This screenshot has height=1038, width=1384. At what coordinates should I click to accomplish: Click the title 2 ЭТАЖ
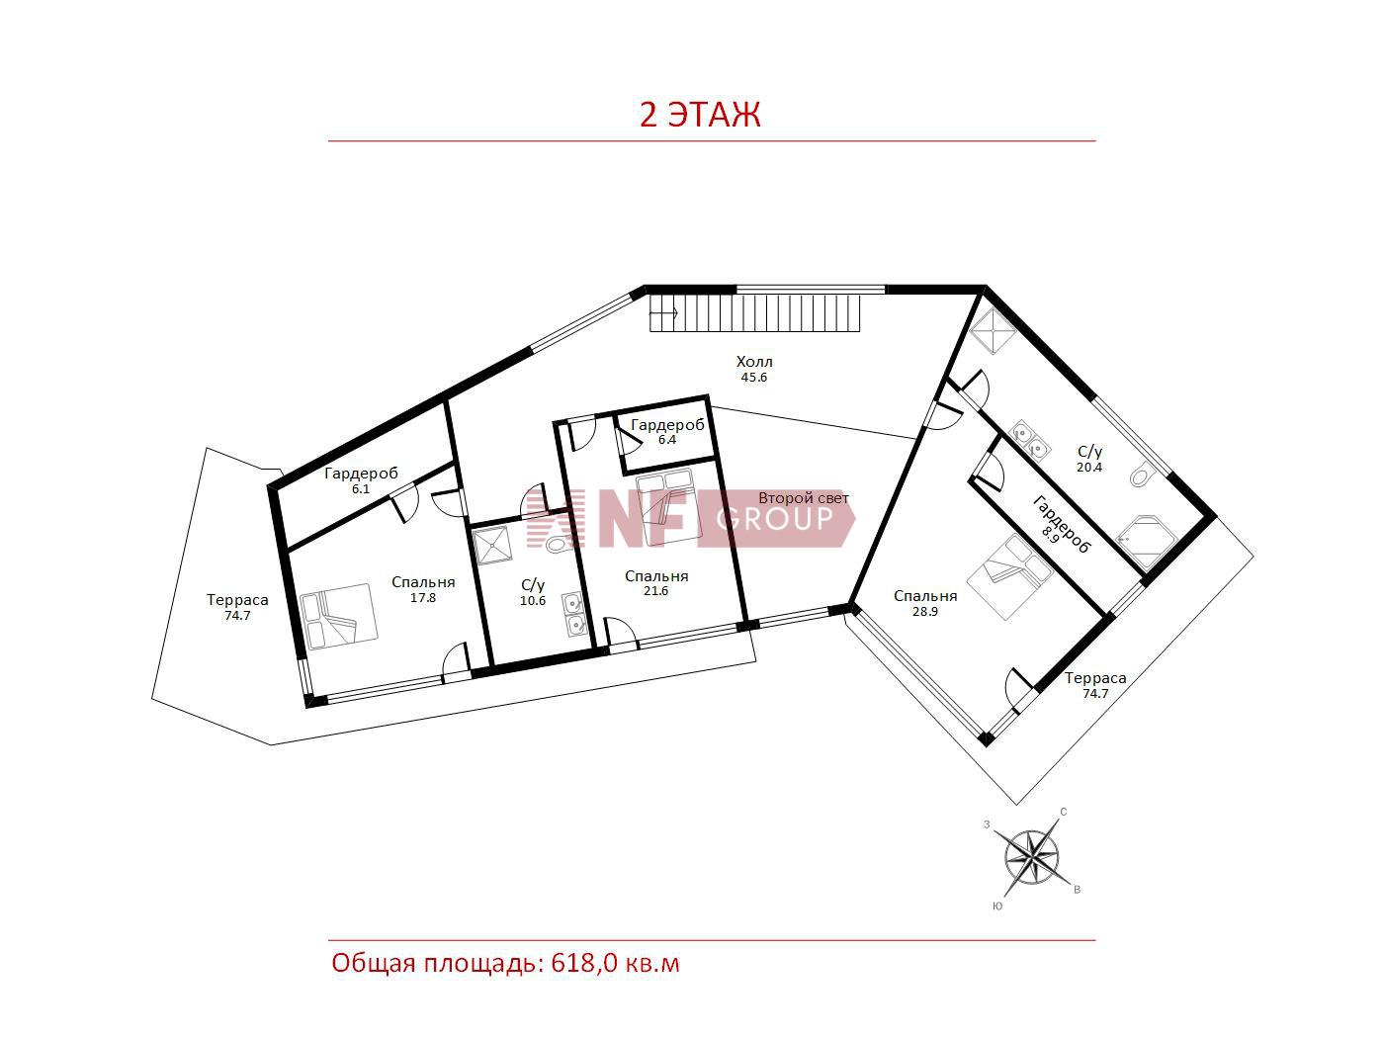pos(700,116)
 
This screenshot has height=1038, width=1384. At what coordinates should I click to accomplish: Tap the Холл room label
pos(754,362)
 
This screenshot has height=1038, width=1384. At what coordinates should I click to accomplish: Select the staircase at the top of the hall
pos(754,313)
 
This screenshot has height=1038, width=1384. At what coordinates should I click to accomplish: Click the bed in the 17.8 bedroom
pos(339,616)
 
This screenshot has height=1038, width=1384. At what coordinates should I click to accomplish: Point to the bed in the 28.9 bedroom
pos(1010,577)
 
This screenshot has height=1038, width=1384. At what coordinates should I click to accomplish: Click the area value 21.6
pos(655,590)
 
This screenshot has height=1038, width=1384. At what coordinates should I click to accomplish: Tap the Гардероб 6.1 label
pos(361,480)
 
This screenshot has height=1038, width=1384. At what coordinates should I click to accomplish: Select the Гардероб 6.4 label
pos(667,432)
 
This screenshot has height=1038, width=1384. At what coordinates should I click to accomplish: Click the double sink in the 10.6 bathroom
pos(575,615)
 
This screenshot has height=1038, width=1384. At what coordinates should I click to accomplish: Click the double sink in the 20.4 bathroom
pos(1029,439)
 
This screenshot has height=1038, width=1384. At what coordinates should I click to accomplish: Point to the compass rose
pos(1032,858)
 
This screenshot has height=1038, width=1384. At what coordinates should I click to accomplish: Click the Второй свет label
pos(804,498)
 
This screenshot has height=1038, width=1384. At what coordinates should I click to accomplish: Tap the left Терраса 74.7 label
pos(237,607)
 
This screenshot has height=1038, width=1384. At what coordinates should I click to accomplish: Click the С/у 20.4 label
pos(1089,459)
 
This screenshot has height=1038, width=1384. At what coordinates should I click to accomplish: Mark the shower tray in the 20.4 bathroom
pos(993,331)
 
